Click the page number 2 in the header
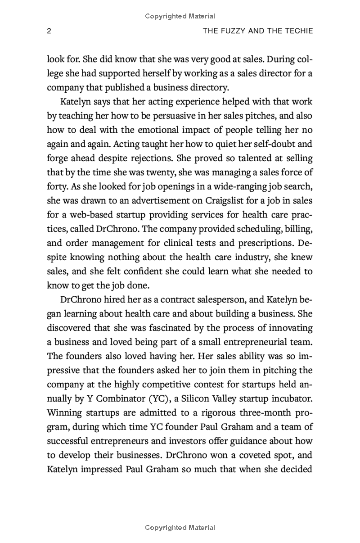[49, 31]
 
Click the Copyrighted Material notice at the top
[180, 16]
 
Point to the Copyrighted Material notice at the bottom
[180, 527]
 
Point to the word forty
[57, 186]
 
